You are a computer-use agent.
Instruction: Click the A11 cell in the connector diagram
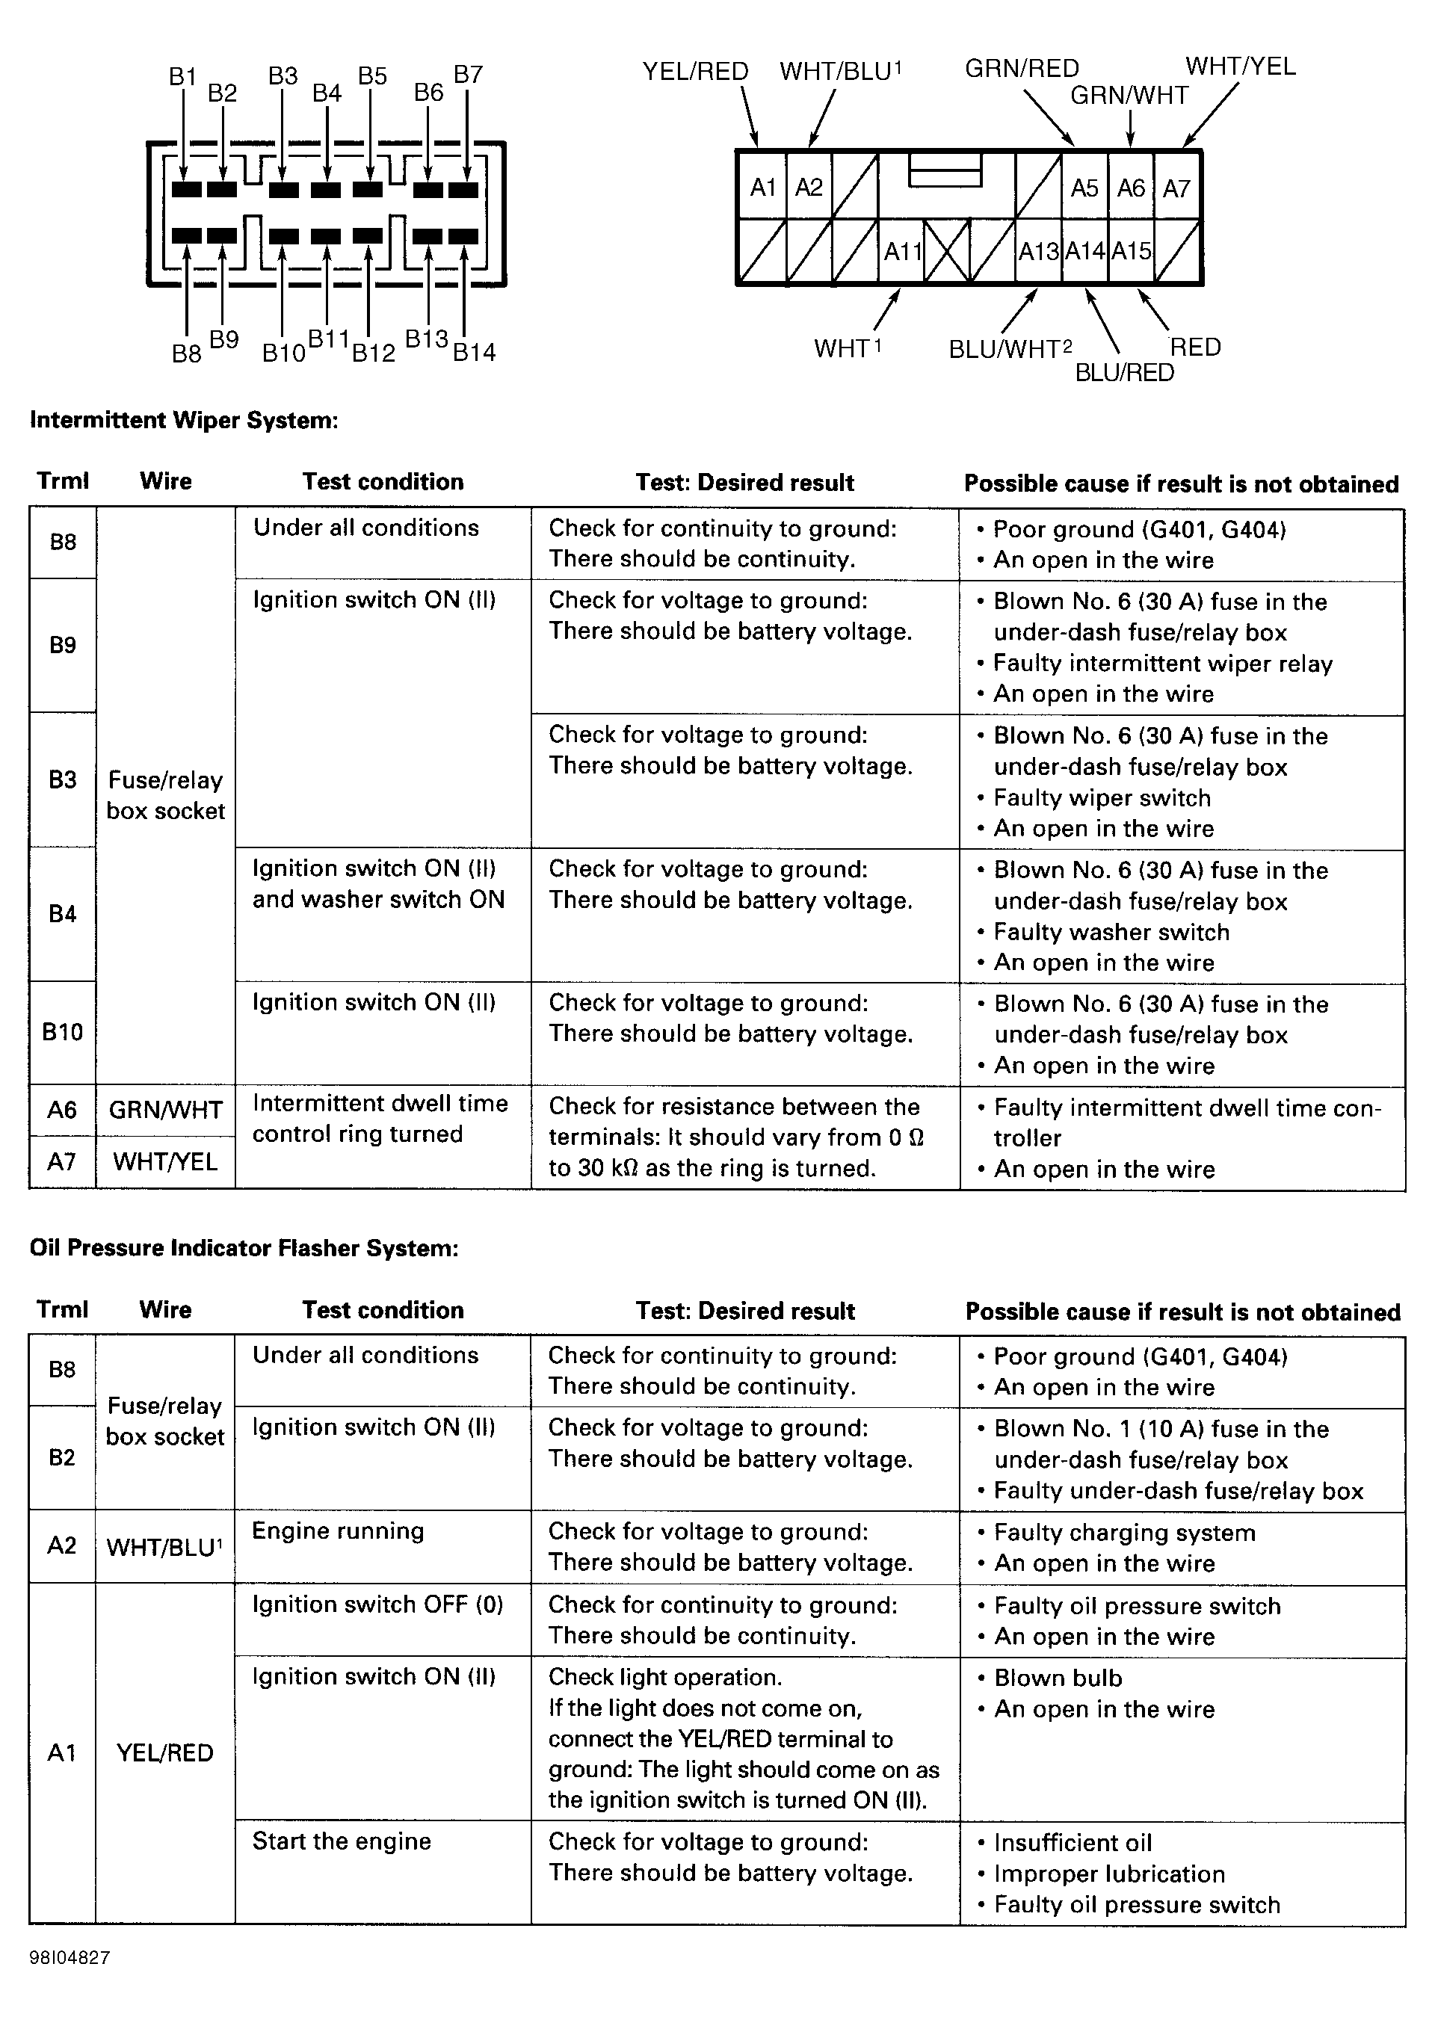pyautogui.click(x=902, y=252)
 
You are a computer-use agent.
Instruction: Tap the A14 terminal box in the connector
pyautogui.click(x=1084, y=252)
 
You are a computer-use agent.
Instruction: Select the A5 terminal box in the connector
pyautogui.click(x=1084, y=188)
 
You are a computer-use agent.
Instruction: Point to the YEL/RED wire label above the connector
pyautogui.click(x=695, y=72)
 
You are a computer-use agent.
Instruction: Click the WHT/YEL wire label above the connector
pyautogui.click(x=1240, y=67)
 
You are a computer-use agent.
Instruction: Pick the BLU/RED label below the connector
pyautogui.click(x=1124, y=373)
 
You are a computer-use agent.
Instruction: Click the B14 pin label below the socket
pyautogui.click(x=475, y=353)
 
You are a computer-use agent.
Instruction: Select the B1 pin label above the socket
pyautogui.click(x=182, y=77)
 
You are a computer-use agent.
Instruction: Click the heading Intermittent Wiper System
pyautogui.click(x=184, y=420)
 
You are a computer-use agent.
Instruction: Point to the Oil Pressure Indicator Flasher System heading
pyautogui.click(x=244, y=1248)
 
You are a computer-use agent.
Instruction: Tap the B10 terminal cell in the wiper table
pyautogui.click(x=63, y=1031)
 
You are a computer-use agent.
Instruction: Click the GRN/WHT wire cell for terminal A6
pyautogui.click(x=165, y=1110)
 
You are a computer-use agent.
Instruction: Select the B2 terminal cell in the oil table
pyautogui.click(x=62, y=1457)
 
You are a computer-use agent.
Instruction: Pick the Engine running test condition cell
pyautogui.click(x=338, y=1531)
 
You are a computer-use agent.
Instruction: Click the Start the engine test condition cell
pyautogui.click(x=341, y=1841)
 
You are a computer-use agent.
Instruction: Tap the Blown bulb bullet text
pyautogui.click(x=1058, y=1678)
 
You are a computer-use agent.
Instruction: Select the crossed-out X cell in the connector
pyautogui.click(x=947, y=252)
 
